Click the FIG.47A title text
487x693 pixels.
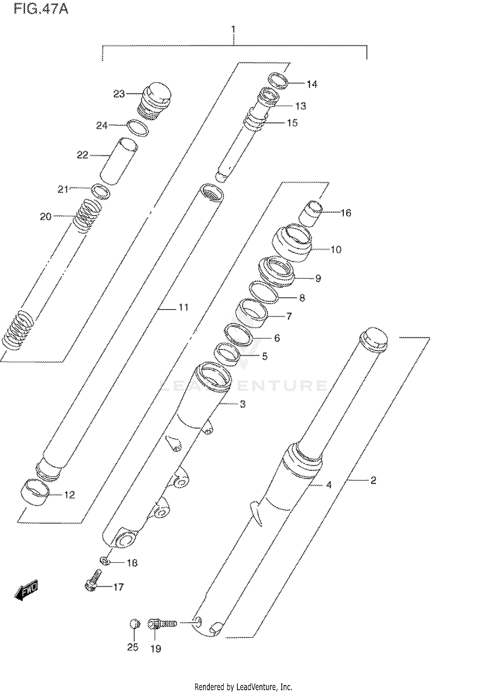tap(41, 9)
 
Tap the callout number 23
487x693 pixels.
tap(119, 94)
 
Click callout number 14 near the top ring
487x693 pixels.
tap(312, 84)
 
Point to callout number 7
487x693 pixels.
tap(289, 316)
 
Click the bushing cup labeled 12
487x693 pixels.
tap(35, 492)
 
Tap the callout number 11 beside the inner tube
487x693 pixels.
tap(183, 307)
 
